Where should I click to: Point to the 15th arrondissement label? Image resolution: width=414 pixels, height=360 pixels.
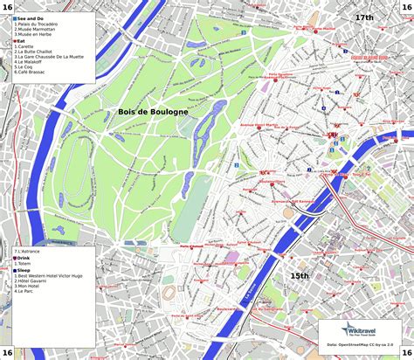[x=300, y=276]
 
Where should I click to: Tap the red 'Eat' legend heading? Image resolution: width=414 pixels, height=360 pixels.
[x=20, y=39]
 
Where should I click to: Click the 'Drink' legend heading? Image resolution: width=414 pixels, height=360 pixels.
[x=24, y=258]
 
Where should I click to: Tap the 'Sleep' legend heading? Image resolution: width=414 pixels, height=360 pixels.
[x=24, y=271]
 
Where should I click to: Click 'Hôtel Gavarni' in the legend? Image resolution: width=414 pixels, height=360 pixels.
[x=32, y=283]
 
